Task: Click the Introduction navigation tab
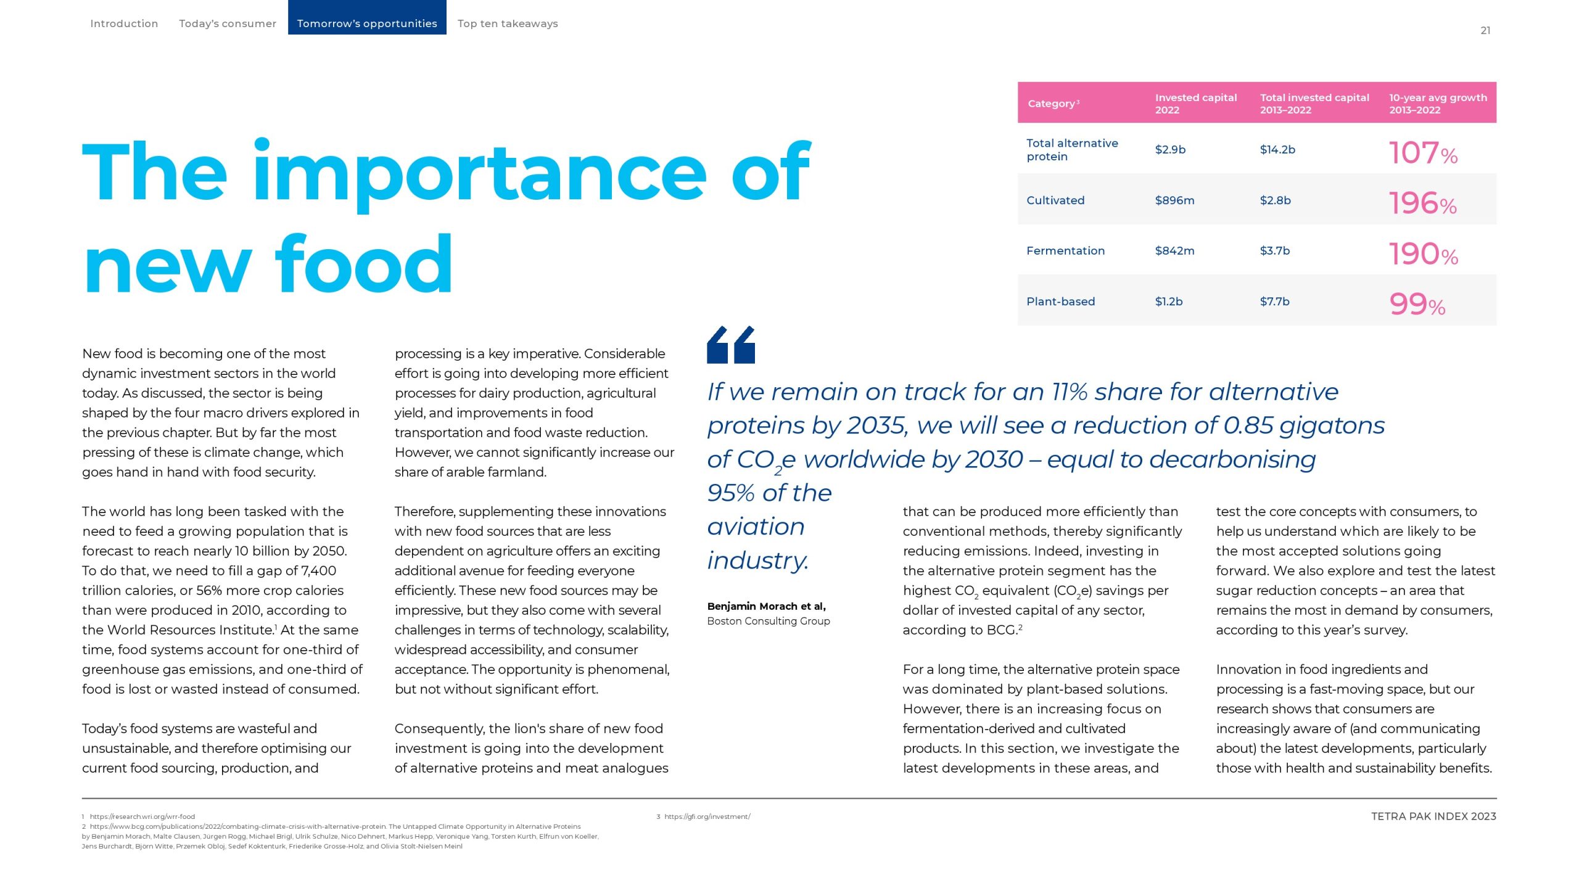[124, 23]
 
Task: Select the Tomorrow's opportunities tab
[367, 23]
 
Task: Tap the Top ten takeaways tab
[508, 23]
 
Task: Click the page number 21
[1485, 30]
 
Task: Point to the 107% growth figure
[1423, 152]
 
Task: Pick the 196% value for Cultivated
[1422, 203]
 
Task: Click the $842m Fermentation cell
[1174, 250]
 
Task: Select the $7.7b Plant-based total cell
[1274, 301]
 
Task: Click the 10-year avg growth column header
[1438, 104]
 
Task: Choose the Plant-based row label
[1060, 301]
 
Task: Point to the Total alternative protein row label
[1071, 149]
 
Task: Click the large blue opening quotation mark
[731, 345]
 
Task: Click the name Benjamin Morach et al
[766, 606]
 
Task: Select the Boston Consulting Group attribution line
[768, 621]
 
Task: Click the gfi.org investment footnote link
[707, 816]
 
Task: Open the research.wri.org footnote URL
[142, 816]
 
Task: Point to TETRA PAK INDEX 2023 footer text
[1433, 816]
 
